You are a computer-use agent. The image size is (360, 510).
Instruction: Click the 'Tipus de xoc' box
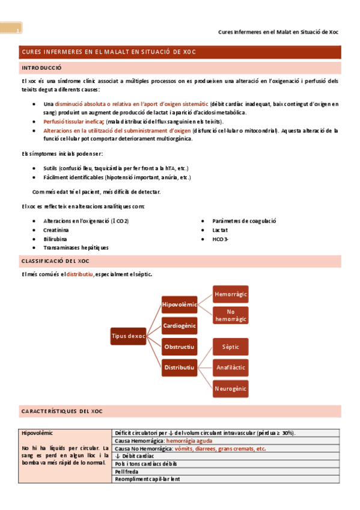128,336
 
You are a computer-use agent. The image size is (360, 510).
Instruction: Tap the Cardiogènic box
180,326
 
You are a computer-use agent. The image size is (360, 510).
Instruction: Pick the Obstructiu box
180,347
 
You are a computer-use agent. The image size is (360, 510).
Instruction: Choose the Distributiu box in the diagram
180,367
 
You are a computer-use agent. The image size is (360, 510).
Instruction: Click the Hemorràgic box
231,294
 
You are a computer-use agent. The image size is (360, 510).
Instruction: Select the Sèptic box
231,347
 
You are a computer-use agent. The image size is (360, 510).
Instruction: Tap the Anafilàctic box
231,367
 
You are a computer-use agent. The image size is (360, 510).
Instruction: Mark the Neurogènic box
231,389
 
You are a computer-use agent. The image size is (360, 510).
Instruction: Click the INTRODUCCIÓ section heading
41,68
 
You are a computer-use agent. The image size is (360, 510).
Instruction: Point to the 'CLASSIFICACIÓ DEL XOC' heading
55,261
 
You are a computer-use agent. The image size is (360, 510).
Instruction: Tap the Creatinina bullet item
56,230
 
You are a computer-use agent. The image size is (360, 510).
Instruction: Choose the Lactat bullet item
220,230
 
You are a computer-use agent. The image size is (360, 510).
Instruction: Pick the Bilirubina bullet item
55,239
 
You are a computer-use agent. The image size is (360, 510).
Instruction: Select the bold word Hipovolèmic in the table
37,433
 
